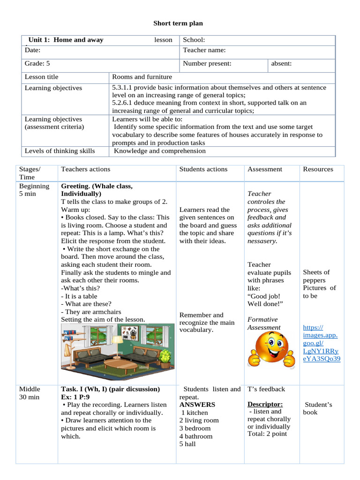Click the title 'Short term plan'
[x=178, y=23]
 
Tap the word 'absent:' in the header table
[x=282, y=63]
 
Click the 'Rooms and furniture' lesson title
[x=142, y=77]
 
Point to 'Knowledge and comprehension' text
[x=160, y=151]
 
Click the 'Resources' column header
[x=318, y=169]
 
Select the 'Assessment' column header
[x=265, y=169]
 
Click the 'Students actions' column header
[x=203, y=169]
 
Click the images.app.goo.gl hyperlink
[x=322, y=343]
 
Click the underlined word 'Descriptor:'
[x=265, y=404]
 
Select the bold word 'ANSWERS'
[x=197, y=405]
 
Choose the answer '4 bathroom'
[x=196, y=436]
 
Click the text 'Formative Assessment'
[x=264, y=323]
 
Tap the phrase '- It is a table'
[x=79, y=296]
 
